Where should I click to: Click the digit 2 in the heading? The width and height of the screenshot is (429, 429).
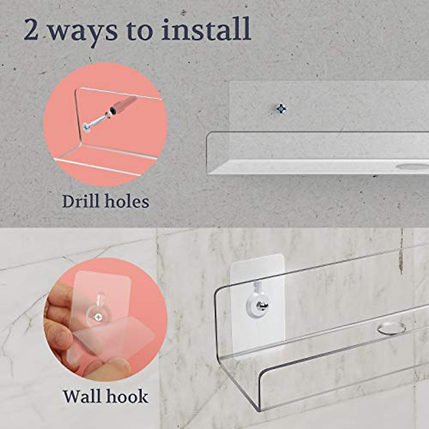click(x=31, y=30)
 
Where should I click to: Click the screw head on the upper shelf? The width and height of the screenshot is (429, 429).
click(x=282, y=108)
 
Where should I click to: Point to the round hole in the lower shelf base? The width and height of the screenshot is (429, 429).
click(x=392, y=328)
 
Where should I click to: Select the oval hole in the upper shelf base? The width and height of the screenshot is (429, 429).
click(x=411, y=166)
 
